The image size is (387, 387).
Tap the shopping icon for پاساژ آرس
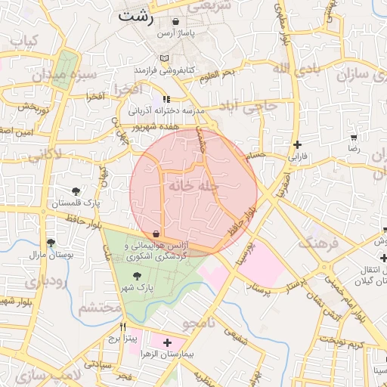coord(176,23)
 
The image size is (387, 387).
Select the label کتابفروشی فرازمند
coord(165,70)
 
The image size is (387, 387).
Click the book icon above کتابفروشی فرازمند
coord(166,58)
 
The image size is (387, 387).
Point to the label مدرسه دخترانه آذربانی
coord(166,110)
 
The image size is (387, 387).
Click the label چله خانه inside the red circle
coord(193,184)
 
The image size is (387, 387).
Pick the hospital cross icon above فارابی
coord(297,144)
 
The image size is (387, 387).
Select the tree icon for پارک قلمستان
coord(76,191)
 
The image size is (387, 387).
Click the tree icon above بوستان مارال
coord(51,243)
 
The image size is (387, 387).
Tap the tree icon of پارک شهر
coord(136,277)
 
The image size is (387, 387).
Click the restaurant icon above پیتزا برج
coord(122,327)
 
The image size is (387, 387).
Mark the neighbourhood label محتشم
coord(100,308)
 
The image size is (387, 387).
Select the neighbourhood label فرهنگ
coord(317,243)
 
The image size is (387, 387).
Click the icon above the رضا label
coord(353,138)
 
